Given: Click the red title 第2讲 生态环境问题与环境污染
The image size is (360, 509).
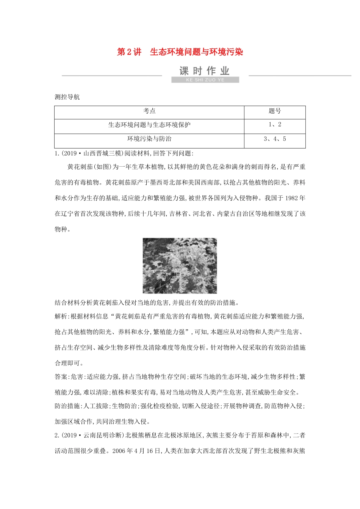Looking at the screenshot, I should pyautogui.click(x=180, y=52).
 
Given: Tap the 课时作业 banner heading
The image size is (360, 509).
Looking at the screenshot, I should pyautogui.click(x=205, y=71).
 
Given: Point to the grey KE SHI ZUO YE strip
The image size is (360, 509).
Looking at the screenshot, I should pyautogui.click(x=205, y=80).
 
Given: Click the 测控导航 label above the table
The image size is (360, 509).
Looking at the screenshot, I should pyautogui.click(x=67, y=97).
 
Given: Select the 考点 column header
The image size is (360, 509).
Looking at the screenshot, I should pyautogui.click(x=149, y=111).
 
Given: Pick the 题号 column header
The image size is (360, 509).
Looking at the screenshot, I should pyautogui.click(x=275, y=111).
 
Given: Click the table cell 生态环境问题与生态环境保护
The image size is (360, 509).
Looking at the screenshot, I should pyautogui.click(x=149, y=125).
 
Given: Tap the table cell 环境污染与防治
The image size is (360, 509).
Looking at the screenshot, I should pyautogui.click(x=149, y=139).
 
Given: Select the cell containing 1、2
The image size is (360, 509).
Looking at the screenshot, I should pyautogui.click(x=275, y=125).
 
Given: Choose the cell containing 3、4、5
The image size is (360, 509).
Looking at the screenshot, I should pyautogui.click(x=275, y=139).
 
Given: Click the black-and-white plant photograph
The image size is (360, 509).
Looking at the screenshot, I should pyautogui.click(x=180, y=265).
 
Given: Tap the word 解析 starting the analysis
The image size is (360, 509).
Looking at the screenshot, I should pyautogui.click(x=61, y=316).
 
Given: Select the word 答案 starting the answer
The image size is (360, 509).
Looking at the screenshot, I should pyautogui.click(x=61, y=377).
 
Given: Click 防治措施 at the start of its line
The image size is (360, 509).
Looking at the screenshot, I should pyautogui.click(x=67, y=406).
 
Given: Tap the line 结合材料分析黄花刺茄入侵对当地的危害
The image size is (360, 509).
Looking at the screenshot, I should pyautogui.click(x=146, y=303).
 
